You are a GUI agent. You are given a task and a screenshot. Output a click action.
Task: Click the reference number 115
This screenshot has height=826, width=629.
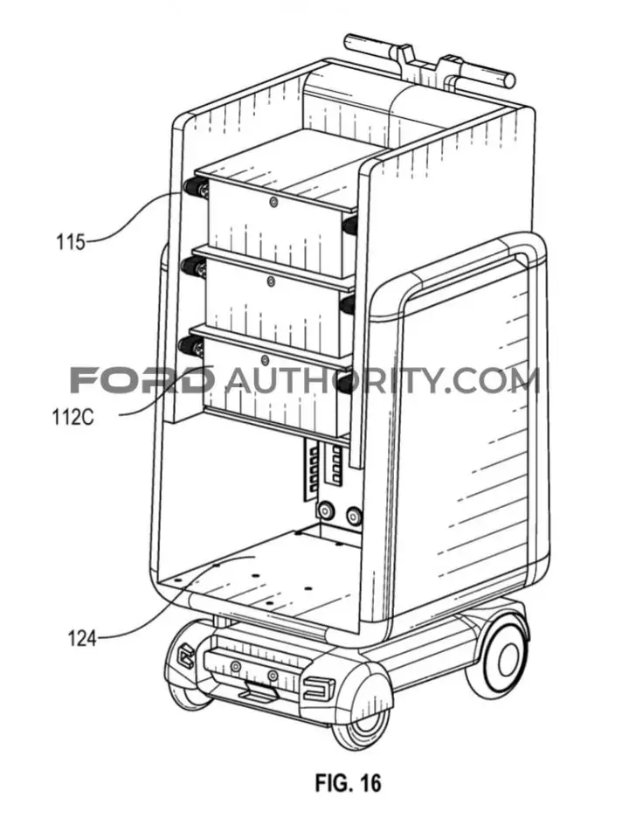tap(71, 243)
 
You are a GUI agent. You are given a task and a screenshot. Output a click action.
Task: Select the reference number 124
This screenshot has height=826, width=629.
tap(81, 640)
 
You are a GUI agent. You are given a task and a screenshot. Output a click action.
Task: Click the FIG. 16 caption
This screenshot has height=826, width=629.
tap(348, 782)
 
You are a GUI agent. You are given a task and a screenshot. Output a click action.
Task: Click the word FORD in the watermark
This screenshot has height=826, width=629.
tap(139, 380)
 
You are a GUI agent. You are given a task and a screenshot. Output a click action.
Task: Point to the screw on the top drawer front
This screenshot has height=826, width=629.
tap(272, 202)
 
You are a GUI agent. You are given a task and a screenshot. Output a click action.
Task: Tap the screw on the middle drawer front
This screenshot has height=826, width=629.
tap(271, 281)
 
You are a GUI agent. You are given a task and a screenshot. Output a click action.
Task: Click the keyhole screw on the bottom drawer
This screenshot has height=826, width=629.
tap(266, 361)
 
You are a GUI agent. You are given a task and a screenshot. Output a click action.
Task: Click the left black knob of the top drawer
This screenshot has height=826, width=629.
tap(191, 187)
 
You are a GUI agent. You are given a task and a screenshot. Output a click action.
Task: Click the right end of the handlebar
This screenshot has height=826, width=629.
tap(508, 79)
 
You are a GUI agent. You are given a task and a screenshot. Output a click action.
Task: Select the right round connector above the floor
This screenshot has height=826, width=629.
tap(354, 514)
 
